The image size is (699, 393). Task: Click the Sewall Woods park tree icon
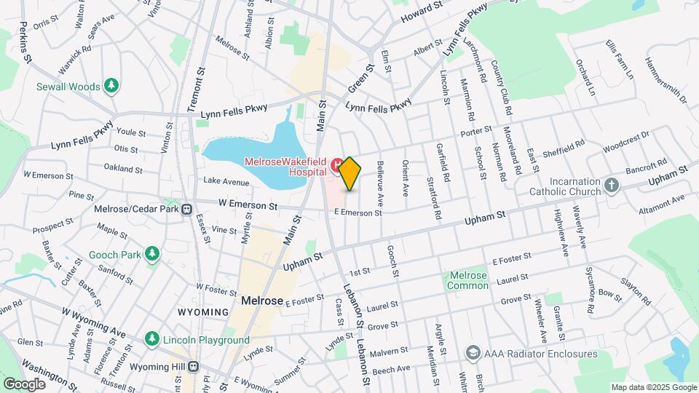point(111,87)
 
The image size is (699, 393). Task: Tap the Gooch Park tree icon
point(151,255)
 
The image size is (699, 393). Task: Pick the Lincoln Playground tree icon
point(151,339)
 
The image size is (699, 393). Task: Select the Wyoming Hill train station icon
point(194,367)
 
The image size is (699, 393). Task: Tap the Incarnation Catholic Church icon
point(611,186)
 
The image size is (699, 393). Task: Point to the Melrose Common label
point(468,280)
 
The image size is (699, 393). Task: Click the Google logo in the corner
point(24,384)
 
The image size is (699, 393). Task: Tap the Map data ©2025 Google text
point(653,387)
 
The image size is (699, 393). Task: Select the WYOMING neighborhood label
point(203,311)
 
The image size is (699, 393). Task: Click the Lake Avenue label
point(226,180)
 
